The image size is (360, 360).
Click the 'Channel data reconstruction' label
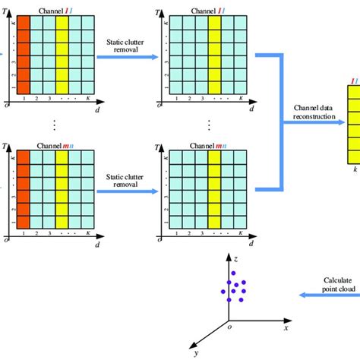pyautogui.click(x=318, y=112)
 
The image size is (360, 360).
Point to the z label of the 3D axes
pyautogui.click(x=236, y=258)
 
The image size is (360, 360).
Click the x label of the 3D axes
pyautogui.click(x=286, y=327)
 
